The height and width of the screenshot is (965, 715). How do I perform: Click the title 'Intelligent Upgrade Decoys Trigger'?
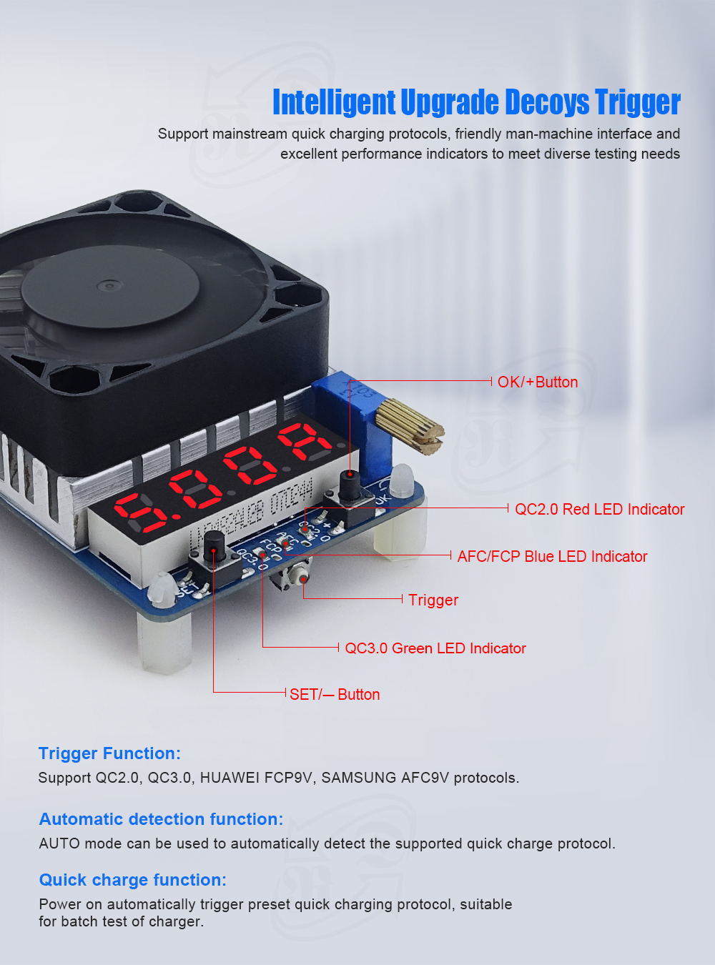coord(476,102)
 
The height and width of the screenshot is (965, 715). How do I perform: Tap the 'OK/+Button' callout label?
coord(538,382)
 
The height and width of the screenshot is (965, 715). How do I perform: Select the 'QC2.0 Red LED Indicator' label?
coord(599,510)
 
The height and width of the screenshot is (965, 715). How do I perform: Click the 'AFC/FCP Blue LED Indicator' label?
coord(552,557)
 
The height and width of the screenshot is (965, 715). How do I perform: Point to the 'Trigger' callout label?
coord(433,600)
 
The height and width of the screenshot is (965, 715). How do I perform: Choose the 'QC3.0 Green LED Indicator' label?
coord(435,649)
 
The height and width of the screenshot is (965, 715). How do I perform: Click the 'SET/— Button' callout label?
coord(335,695)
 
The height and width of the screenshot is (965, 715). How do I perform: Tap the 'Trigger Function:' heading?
coord(109,753)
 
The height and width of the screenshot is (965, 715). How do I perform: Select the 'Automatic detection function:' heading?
coord(161,819)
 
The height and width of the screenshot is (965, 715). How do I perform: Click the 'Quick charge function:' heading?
coord(132,880)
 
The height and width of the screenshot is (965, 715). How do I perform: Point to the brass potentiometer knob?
coord(410,427)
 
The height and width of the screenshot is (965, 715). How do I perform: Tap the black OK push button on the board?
coord(349,487)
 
